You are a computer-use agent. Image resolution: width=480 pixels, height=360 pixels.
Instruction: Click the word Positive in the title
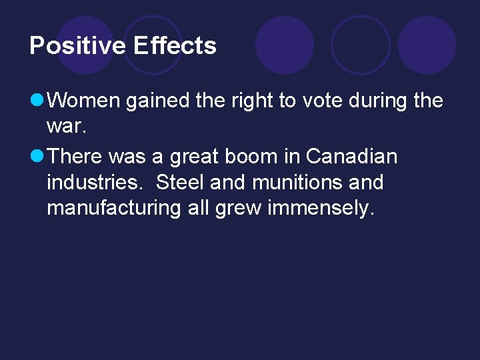pos(77,46)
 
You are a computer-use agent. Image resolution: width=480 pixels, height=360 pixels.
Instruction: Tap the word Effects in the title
pos(175,46)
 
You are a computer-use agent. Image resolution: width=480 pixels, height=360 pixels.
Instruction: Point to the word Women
pos(85,101)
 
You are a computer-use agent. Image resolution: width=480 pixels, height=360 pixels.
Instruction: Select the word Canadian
pos(351,157)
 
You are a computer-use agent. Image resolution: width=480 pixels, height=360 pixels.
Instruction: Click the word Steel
pos(180,183)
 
